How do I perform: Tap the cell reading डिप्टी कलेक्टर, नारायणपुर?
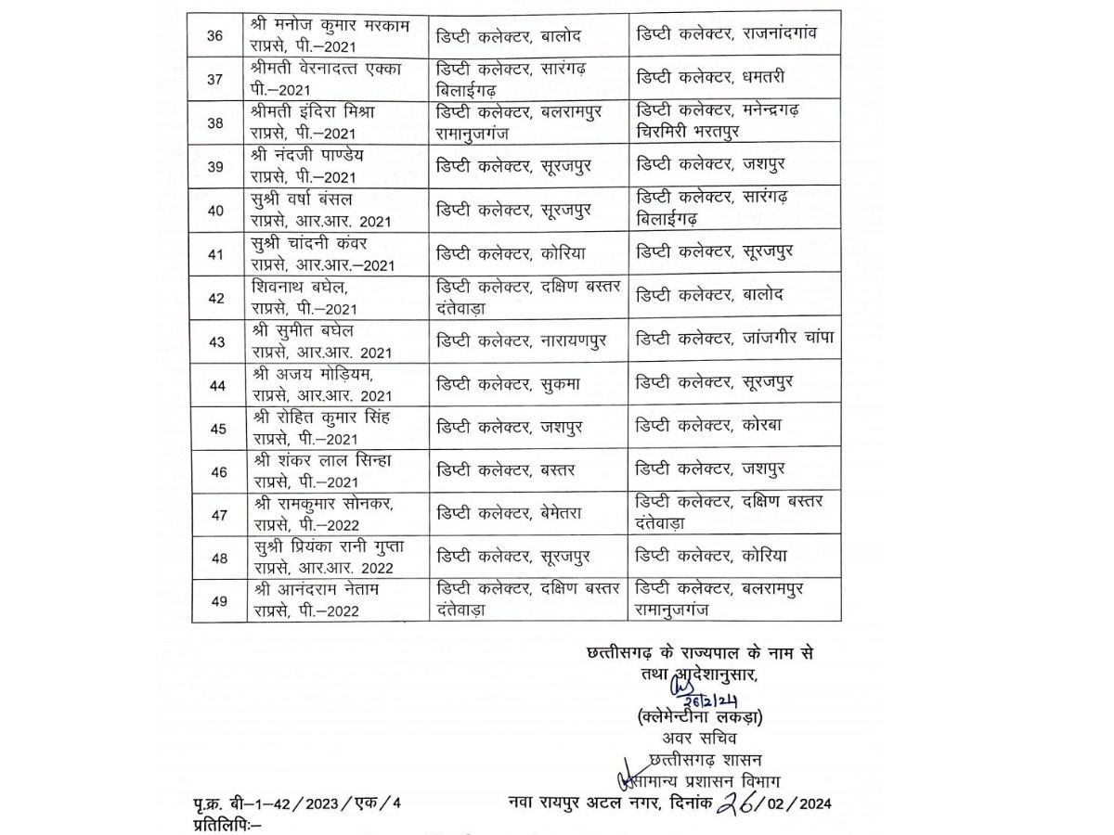[x=524, y=341]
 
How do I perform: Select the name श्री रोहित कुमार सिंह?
[x=321, y=417]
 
